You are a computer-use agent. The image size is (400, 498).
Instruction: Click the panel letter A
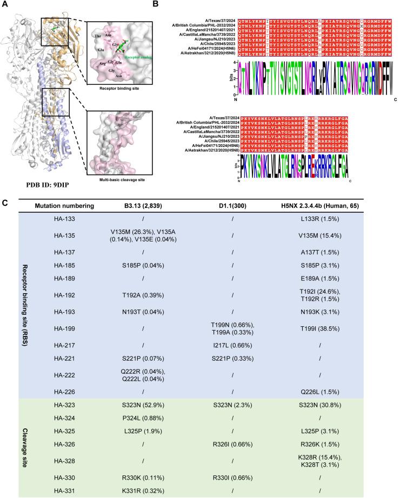click(x=4, y=4)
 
